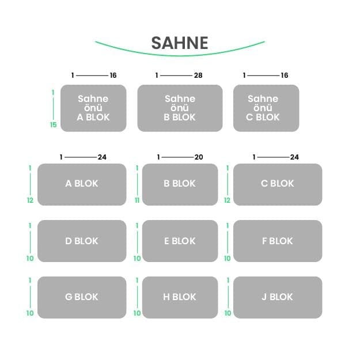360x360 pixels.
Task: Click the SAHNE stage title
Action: point(180,43)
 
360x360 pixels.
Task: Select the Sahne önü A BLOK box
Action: point(93,108)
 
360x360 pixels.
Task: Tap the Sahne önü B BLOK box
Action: point(180,108)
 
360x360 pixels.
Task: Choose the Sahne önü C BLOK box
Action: point(266,108)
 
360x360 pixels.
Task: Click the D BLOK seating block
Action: point(82,241)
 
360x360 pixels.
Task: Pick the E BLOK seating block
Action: point(180,241)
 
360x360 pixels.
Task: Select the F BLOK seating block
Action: point(278,241)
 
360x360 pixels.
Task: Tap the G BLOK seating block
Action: point(82,297)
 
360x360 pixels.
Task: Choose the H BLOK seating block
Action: point(180,297)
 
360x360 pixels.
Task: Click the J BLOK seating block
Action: point(278,297)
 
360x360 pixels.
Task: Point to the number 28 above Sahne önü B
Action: point(198,75)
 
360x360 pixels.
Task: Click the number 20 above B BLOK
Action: point(199,157)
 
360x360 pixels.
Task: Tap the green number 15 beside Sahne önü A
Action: point(53,124)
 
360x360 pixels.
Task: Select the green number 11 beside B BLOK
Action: point(137,200)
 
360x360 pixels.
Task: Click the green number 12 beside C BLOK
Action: point(227,200)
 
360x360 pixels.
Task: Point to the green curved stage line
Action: point(180,55)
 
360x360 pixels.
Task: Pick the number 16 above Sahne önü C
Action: point(285,75)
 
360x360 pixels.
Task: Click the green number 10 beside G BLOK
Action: point(30,313)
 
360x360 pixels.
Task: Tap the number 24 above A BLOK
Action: point(102,157)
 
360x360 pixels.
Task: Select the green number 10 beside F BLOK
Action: point(228,258)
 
